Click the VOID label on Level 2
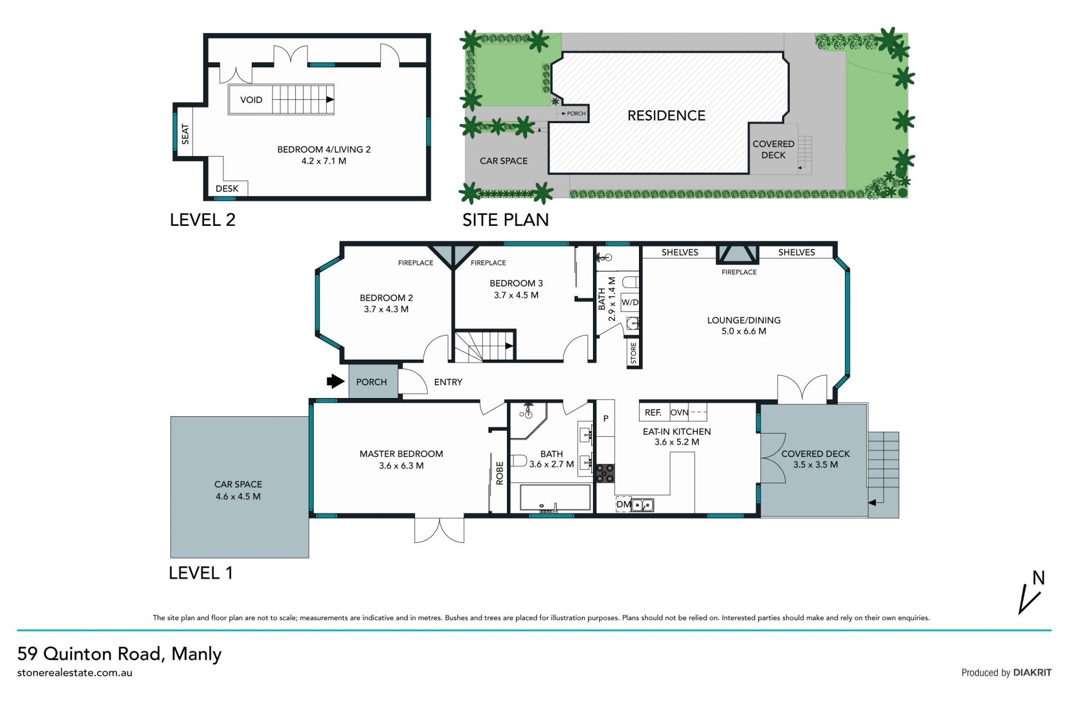click(251, 100)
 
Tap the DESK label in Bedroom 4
click(227, 189)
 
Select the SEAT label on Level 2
click(185, 134)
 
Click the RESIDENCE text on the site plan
click(666, 115)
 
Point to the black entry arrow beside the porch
click(336, 381)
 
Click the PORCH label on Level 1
click(371, 382)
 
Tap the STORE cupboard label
click(633, 353)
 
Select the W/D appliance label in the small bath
click(630, 303)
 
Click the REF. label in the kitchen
click(653, 412)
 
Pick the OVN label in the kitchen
click(679, 412)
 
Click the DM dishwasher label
click(623, 505)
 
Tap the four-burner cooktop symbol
click(605, 474)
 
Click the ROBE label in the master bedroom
click(500, 473)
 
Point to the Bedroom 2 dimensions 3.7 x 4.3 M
click(386, 309)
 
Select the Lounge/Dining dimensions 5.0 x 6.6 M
click(744, 331)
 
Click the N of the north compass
click(1038, 578)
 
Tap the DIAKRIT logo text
click(1032, 672)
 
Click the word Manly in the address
click(196, 654)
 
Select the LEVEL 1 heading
click(201, 573)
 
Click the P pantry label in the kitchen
click(606, 419)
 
